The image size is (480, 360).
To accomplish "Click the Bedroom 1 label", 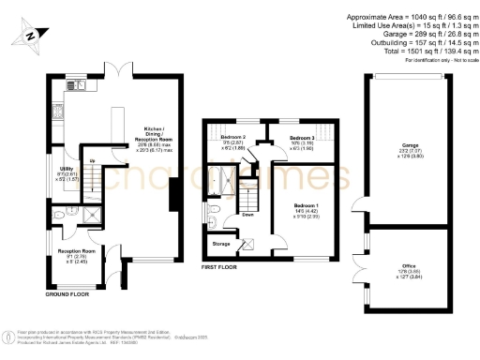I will coord(307,209).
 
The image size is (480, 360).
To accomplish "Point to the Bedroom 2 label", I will coord(219,142).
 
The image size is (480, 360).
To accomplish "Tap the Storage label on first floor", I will coord(220,244).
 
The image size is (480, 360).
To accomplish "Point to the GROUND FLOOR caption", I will coord(67,293).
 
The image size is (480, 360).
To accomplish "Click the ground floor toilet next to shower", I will coord(64,215).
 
